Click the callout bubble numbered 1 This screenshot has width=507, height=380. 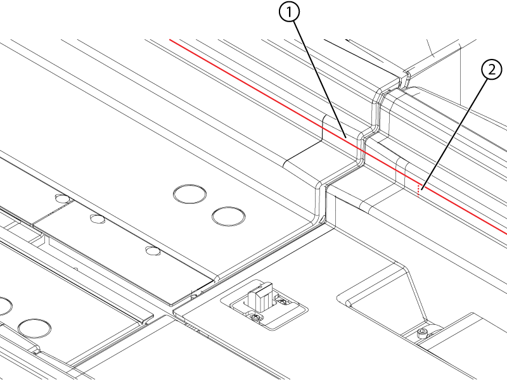pos(289,12)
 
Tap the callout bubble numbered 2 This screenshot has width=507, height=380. pos(492,70)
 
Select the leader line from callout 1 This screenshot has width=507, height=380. pos(320,80)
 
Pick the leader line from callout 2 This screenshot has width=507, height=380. pos(454,133)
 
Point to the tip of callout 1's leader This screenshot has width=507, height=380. pos(347,137)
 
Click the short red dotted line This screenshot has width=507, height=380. pos(419,191)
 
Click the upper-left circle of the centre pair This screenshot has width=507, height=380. pos(189,194)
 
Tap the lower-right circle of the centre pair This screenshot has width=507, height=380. pos(228,216)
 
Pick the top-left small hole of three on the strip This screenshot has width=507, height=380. pos(62,198)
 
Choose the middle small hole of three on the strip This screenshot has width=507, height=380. pos(98,218)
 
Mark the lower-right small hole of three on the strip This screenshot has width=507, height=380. pos(153,251)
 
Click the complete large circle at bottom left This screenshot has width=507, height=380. pos(34,328)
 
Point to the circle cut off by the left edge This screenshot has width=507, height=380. pos(5,306)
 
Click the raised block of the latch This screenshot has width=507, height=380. pos(260,296)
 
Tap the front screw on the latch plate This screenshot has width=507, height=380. pos(256,319)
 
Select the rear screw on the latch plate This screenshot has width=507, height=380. pos(283,302)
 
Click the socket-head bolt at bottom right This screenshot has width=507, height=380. pos(422,333)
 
